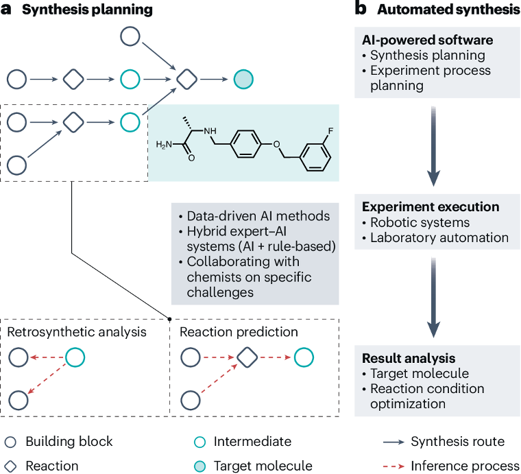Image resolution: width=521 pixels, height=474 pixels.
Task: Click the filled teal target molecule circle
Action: (243, 80)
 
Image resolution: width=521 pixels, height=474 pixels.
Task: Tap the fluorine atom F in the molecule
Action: (330, 131)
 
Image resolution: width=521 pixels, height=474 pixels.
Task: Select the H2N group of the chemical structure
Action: (164, 145)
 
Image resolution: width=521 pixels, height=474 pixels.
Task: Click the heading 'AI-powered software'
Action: (428, 40)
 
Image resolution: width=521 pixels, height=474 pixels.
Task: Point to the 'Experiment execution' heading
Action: (431, 206)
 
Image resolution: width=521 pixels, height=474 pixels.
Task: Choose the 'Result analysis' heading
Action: (409, 358)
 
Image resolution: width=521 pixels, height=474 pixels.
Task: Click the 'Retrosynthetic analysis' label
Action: (77, 332)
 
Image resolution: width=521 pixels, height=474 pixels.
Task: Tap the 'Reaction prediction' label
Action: (239, 332)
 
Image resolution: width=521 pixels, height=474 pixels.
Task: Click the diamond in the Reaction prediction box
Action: (247, 357)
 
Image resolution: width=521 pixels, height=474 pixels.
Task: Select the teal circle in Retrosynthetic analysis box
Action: (75, 357)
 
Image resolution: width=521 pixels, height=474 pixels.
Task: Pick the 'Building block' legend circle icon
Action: (10, 442)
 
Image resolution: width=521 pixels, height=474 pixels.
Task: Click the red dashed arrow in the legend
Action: (393, 466)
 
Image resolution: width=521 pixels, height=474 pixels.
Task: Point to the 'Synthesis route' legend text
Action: (457, 442)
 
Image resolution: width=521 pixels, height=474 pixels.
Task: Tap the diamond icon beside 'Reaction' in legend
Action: (10, 466)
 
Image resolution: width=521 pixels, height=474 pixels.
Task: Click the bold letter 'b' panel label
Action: (361, 9)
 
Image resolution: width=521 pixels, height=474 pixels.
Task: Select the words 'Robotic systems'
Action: (420, 222)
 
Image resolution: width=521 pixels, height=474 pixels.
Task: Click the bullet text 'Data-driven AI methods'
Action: (258, 216)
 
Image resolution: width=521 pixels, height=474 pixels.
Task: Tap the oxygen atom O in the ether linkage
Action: (276, 144)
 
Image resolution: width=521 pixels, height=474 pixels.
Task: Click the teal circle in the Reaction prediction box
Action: (304, 357)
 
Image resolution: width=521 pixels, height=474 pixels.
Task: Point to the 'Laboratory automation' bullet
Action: (439, 237)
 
